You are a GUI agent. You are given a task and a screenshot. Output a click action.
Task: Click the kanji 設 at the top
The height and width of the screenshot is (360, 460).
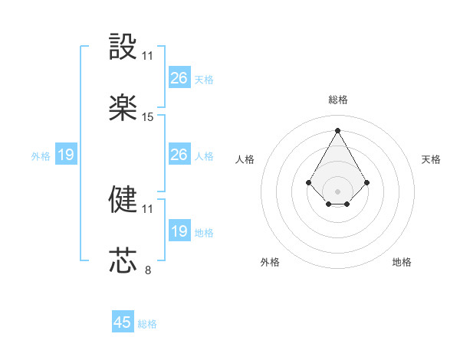pos(123,47)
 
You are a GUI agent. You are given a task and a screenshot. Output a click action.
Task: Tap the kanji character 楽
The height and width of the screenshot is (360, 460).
pos(123,108)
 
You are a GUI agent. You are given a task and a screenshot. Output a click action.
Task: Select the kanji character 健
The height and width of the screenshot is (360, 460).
pos(123,199)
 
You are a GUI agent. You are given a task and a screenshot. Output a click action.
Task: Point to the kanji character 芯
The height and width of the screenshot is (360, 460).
pos(123,260)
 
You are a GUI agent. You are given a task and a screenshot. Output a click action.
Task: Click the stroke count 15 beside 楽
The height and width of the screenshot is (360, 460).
pos(148,117)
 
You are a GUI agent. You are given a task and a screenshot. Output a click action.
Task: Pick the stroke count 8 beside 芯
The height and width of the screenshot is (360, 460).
pos(148,270)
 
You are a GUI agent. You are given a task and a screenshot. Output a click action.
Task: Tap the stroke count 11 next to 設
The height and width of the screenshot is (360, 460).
pos(148,56)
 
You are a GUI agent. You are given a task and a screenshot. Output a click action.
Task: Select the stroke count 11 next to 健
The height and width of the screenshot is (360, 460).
pos(148,208)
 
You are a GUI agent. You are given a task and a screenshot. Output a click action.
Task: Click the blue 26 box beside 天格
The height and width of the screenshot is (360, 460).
pos(179,78)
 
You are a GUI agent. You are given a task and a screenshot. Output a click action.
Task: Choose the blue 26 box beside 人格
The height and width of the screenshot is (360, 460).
pos(179,155)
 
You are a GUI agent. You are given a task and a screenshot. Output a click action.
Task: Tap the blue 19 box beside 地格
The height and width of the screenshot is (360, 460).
pos(179,231)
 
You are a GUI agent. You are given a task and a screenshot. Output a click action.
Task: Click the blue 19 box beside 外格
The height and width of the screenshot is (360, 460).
pos(65,155)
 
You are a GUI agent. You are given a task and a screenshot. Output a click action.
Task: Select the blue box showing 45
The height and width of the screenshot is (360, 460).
pos(123,322)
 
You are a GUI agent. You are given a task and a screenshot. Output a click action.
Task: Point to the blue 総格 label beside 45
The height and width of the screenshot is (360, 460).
pos(147,324)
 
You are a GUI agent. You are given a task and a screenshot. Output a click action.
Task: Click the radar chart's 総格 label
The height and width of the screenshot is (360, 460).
pos(337,100)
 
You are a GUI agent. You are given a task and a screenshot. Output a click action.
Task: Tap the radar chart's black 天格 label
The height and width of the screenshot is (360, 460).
pos(431,159)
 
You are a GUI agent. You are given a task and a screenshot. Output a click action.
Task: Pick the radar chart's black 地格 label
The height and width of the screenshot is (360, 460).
pos(402,262)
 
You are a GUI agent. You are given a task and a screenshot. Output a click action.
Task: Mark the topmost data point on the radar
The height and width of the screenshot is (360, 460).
pos(337,130)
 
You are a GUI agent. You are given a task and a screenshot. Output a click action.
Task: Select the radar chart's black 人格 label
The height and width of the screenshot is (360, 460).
pos(245,159)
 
